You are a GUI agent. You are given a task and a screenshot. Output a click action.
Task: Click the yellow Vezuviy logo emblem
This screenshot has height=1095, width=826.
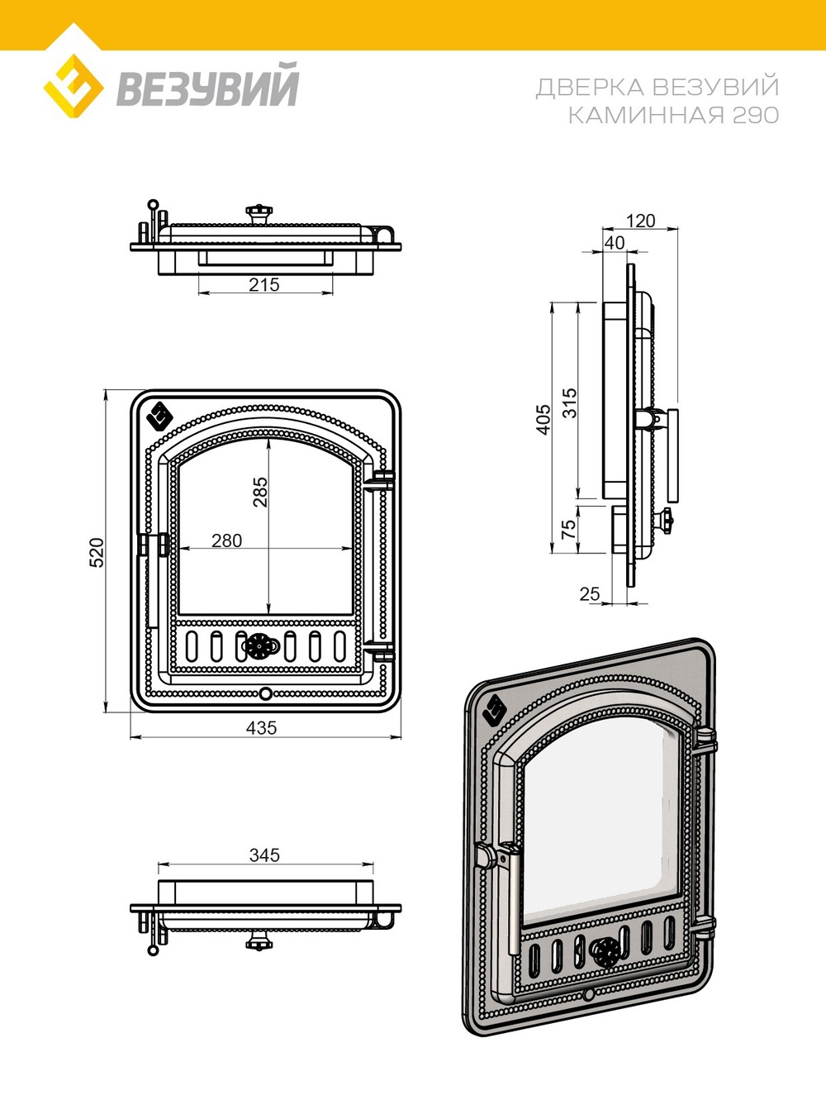(x=73, y=85)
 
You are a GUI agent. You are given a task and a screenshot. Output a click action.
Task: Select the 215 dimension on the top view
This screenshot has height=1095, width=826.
(x=264, y=284)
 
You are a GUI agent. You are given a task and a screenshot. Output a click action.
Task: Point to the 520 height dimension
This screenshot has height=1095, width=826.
(x=97, y=551)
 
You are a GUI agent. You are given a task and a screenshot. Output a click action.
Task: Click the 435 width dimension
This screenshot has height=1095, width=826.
(x=261, y=728)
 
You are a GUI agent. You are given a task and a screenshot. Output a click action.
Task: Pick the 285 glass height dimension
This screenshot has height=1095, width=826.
(x=259, y=492)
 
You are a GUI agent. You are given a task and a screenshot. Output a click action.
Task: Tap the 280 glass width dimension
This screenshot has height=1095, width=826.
(x=226, y=540)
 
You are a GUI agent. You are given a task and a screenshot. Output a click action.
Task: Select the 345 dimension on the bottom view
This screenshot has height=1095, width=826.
(x=264, y=855)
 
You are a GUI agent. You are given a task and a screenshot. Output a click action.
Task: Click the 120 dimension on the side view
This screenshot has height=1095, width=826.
(x=640, y=221)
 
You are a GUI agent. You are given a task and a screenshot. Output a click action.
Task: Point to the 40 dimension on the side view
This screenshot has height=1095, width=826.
(x=615, y=243)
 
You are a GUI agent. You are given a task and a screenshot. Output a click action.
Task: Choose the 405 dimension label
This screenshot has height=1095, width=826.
(x=543, y=420)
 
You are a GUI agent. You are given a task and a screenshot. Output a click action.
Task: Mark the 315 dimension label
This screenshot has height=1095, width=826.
(x=569, y=402)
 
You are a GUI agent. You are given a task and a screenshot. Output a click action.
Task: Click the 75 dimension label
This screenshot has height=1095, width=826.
(x=568, y=530)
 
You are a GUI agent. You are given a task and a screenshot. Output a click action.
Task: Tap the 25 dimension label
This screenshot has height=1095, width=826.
(x=589, y=594)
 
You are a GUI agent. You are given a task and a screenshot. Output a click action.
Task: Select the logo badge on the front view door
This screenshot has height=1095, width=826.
(x=159, y=416)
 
